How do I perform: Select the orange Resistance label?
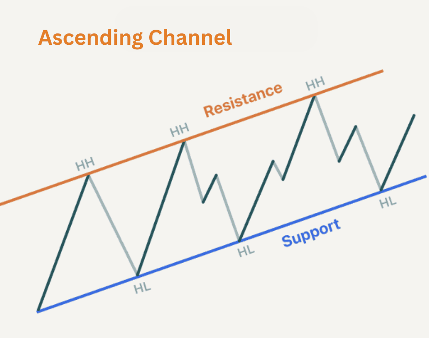point(243,100)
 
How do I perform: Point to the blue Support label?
point(311,233)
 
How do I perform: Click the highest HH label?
point(315,84)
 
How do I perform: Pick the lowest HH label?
point(85,163)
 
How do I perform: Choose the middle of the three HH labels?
point(179,131)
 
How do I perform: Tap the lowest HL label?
point(142,288)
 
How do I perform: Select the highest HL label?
point(388,202)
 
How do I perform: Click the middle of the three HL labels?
point(246,251)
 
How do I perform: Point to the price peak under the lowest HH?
point(89,175)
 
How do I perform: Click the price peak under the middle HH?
point(184,142)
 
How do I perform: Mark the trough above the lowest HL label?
point(137,275)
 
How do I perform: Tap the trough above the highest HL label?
point(381,190)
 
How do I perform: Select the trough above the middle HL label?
point(239,240)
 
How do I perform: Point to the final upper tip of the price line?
point(414,115)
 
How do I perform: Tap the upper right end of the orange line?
point(382,71)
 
